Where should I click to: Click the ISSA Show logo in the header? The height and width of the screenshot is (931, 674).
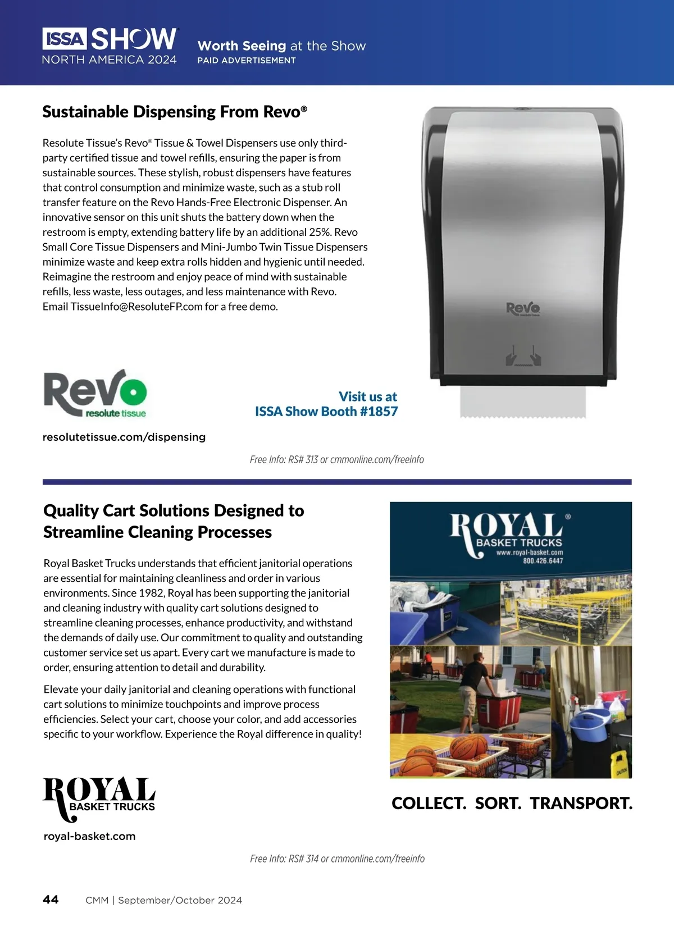pos(110,45)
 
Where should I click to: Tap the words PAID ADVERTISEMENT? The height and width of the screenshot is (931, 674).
pos(246,60)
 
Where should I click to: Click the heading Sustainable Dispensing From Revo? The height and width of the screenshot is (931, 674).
pos(175,112)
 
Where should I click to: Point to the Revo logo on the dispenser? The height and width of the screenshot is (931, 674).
pos(523,308)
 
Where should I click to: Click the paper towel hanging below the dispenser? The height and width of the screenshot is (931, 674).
pos(522,401)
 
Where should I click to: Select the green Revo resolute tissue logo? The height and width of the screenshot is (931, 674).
pos(95,394)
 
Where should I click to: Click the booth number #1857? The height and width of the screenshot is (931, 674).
pos(379,412)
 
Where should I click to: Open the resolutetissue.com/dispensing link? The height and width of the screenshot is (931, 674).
pos(124,437)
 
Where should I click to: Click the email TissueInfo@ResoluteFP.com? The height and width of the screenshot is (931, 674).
pos(136,307)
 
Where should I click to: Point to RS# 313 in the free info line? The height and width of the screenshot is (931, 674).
pos(303,460)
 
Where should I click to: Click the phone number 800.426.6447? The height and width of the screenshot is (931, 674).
pos(543,561)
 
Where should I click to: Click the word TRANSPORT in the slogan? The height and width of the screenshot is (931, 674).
pos(581,804)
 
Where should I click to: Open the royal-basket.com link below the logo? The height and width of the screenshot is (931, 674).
pos(89,836)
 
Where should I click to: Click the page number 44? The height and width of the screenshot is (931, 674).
pos(51,900)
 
